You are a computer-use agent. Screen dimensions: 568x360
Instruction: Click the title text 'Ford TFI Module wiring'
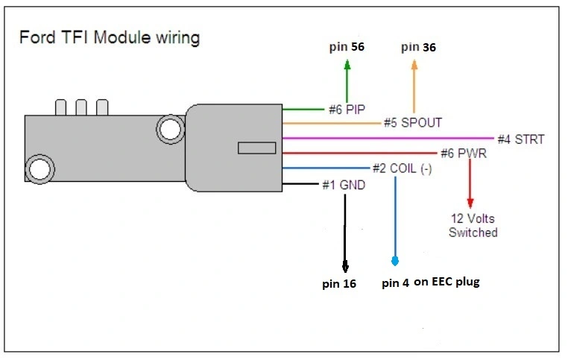110,38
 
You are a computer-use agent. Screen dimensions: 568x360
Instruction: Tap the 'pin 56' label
347,47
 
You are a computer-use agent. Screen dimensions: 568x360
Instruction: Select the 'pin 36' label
418,47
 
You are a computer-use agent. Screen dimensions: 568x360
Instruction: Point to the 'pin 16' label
339,283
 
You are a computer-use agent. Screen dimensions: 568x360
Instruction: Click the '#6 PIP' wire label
347,110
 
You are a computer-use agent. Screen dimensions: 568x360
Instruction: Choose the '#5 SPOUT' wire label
413,123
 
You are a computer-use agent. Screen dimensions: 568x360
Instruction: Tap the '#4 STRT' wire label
521,139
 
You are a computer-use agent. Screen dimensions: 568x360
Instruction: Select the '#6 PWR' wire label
464,154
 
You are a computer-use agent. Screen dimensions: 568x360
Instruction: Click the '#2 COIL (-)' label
402,168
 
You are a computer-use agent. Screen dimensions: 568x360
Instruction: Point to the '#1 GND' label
344,185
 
